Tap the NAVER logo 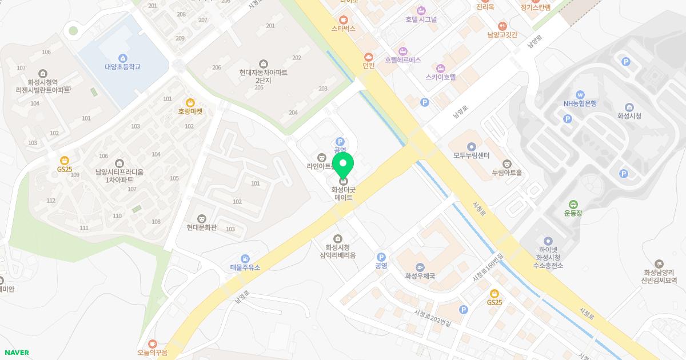[17, 353]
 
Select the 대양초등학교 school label [122, 67]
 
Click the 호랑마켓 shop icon [190, 102]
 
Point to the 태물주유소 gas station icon [245, 259]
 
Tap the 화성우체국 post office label [420, 276]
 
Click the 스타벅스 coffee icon [344, 19]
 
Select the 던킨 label [369, 66]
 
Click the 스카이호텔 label [441, 77]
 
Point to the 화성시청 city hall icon [629, 107]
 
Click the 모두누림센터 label [472, 155]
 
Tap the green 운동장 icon [573, 205]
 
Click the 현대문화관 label [202, 227]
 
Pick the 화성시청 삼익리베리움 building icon [337, 238]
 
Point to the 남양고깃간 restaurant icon [502, 26]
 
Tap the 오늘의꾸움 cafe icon [152, 343]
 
